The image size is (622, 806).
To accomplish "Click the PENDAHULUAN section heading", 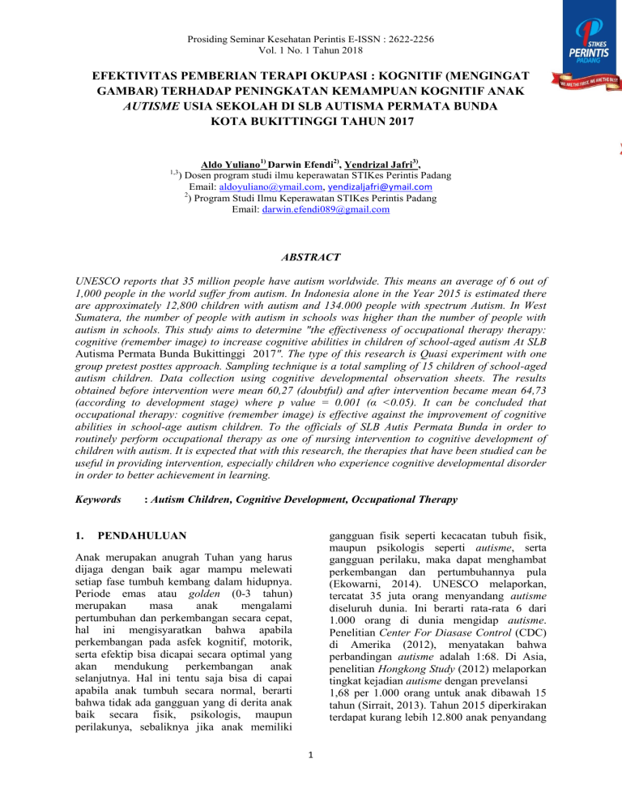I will pyautogui.click(x=143, y=537).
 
